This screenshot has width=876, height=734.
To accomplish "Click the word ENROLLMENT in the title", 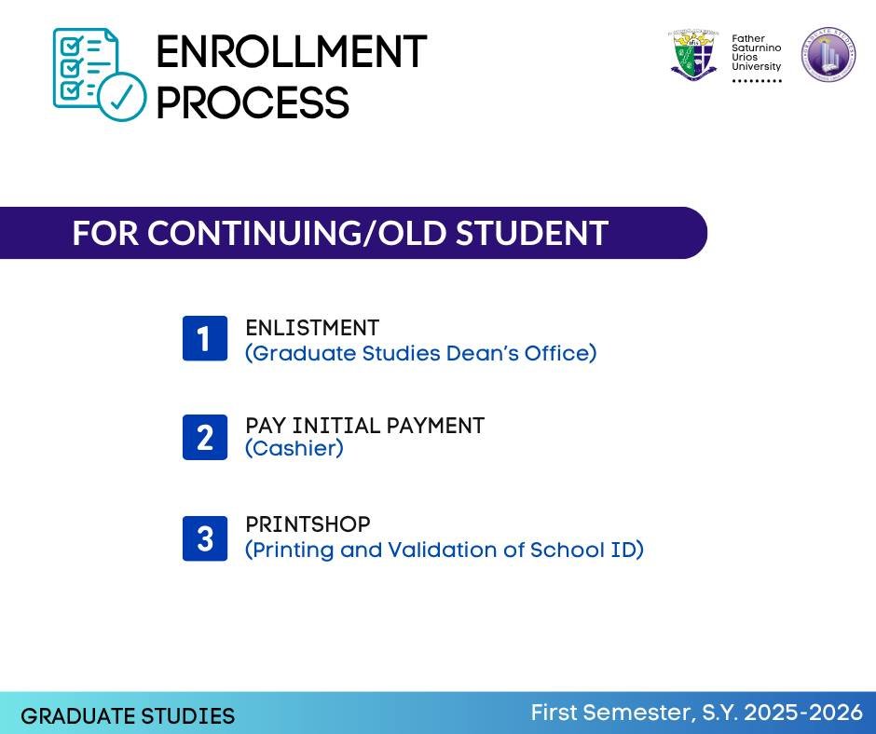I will [x=291, y=52].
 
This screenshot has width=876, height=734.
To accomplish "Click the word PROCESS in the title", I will [x=252, y=102].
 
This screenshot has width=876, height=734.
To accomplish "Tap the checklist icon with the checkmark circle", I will [x=99, y=75].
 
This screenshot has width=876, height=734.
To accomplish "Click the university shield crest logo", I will [x=693, y=55].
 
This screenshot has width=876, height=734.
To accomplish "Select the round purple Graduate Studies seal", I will [x=828, y=54].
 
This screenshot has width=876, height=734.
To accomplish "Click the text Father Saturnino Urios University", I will [x=756, y=53].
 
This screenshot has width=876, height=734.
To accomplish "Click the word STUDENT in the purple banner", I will [x=531, y=233].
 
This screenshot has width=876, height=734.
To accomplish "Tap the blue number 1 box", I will [x=204, y=338].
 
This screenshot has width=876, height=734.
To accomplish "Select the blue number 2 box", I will [x=204, y=437].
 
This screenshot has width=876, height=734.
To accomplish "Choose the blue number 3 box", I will [x=204, y=538].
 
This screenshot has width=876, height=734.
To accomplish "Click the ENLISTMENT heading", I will [x=312, y=328].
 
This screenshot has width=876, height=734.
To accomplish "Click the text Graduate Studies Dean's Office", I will [x=420, y=354].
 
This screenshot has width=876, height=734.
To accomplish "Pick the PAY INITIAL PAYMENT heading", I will [x=364, y=426].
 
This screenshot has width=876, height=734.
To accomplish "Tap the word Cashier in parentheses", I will [x=294, y=449].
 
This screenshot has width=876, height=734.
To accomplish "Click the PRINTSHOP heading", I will [x=308, y=524].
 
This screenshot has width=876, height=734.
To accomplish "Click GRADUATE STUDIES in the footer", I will [x=128, y=716].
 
